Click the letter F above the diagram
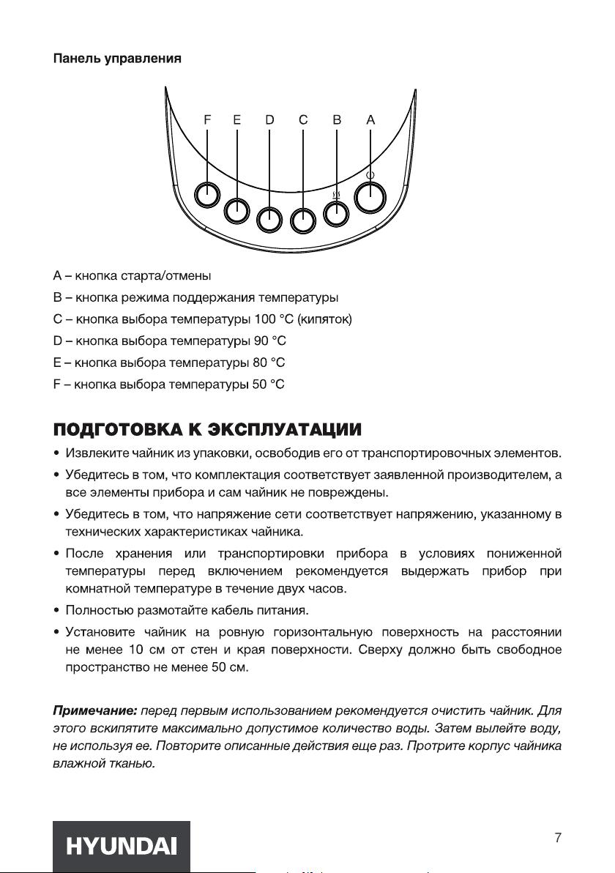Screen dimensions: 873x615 tap(207, 120)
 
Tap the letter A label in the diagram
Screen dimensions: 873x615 tap(370, 120)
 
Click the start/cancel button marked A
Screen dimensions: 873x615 tap(370, 196)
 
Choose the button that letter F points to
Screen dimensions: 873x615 tap(207, 195)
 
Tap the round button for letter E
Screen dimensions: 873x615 tap(236, 211)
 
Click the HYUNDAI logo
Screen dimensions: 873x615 tap(122, 847)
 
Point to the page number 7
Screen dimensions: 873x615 tap(558, 838)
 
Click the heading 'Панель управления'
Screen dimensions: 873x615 tap(116, 58)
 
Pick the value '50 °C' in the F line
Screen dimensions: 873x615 tap(269, 384)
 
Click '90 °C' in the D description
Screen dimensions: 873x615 tap(269, 341)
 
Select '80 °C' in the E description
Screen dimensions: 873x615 tap(269, 363)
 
